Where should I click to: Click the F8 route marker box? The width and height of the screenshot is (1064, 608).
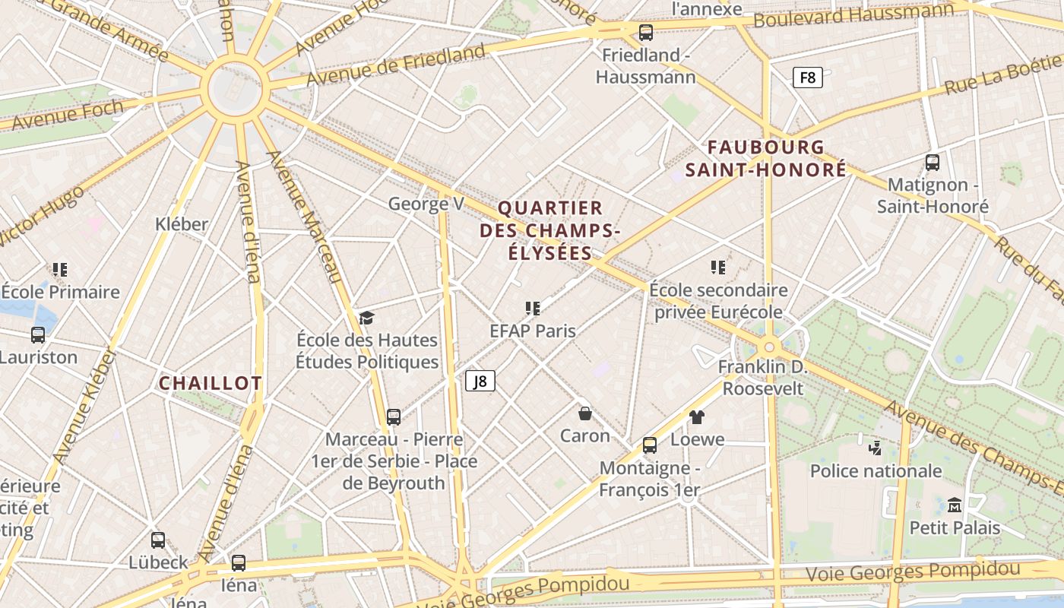coord(807,77)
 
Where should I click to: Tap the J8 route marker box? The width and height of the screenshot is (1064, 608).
coord(480,381)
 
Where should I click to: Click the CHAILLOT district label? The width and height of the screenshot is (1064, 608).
coord(210,383)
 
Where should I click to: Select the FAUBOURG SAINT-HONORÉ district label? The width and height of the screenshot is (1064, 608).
coord(765,158)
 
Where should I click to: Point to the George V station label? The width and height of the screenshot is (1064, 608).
coord(426,204)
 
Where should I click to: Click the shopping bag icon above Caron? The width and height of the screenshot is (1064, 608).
coord(585,413)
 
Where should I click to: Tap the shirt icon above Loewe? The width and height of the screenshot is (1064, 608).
coord(697,416)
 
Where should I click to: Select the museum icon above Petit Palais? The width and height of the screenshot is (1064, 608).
coord(955,505)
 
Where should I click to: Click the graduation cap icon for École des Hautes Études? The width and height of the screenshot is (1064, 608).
coord(367,318)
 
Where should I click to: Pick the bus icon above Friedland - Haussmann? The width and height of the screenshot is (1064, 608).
coord(645,33)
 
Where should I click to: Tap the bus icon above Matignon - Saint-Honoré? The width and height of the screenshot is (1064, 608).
coord(933,162)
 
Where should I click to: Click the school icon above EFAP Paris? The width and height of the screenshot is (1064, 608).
coord(533,309)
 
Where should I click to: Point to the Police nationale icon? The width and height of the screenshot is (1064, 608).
coord(875,448)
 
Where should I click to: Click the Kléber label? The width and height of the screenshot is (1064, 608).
coord(181,224)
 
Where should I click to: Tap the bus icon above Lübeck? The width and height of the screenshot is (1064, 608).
coord(158,540)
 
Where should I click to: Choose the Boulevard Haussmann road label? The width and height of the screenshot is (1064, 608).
coord(853,15)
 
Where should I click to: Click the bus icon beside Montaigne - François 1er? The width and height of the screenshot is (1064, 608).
coord(650,445)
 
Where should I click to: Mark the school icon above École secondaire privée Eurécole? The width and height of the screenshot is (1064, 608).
coord(718,268)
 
